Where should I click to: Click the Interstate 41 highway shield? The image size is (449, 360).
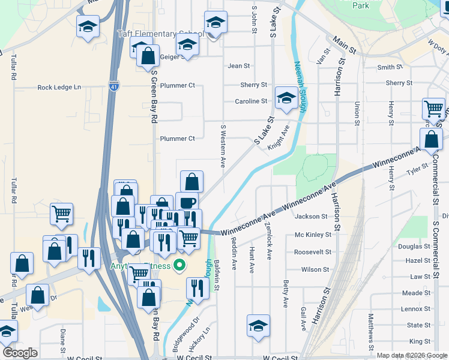113,87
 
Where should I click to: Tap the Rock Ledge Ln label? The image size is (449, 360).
59,88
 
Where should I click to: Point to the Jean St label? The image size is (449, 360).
238,66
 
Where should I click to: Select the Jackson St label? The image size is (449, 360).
312,217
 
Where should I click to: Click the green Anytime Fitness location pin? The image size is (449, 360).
179,265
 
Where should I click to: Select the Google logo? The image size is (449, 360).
20,353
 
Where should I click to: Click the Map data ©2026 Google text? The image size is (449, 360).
412,355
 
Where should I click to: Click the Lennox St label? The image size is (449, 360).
412,309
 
